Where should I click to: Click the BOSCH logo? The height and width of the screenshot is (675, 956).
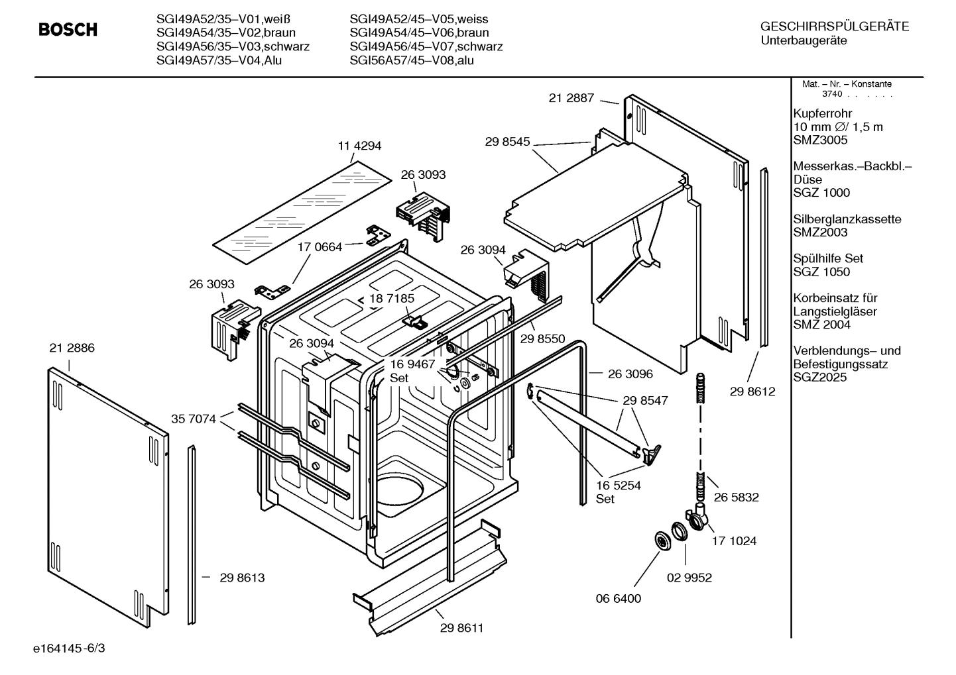(68, 30)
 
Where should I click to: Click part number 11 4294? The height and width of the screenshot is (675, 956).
(360, 146)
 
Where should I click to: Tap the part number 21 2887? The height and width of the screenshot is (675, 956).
(571, 98)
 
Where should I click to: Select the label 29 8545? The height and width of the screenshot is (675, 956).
(507, 141)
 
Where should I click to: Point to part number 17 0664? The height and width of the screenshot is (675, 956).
(320, 247)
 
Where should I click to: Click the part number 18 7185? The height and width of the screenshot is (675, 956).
(392, 298)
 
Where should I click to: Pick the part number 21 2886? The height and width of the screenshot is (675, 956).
(72, 348)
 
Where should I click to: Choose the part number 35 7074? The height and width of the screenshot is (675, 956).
(194, 419)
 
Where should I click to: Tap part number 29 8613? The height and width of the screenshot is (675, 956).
(242, 578)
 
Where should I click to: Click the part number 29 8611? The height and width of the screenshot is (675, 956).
(461, 628)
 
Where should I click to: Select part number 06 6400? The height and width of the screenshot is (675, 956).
(619, 598)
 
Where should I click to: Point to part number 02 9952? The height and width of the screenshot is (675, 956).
(689, 578)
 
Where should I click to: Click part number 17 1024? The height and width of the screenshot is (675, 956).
(734, 541)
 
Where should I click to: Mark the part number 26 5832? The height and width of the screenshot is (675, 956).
(736, 497)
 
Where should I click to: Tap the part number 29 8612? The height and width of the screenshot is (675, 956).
(752, 391)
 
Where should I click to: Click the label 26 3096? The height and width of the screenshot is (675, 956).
(630, 374)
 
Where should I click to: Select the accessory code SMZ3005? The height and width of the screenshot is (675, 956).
(820, 140)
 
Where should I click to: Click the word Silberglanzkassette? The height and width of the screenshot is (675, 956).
(847, 219)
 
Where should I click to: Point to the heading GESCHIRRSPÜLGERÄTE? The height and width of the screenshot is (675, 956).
(834, 26)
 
